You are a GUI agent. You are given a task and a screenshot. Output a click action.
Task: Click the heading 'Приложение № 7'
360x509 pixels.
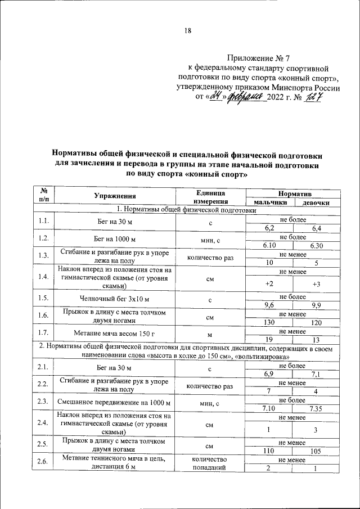click(x=259, y=58)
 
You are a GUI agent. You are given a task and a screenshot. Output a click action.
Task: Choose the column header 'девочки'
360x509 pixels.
click(x=312, y=202)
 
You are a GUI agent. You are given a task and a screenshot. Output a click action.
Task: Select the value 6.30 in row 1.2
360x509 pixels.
click(x=317, y=245)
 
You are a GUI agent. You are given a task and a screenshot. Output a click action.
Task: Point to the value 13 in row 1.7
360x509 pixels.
click(x=316, y=339)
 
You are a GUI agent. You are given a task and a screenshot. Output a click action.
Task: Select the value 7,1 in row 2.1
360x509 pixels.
click(x=316, y=373)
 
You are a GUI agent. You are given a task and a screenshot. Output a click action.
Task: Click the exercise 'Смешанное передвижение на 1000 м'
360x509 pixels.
click(x=115, y=403)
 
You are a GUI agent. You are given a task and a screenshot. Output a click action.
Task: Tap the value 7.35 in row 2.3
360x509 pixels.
click(x=316, y=408)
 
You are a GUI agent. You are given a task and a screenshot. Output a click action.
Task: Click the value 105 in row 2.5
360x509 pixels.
click(x=316, y=451)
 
